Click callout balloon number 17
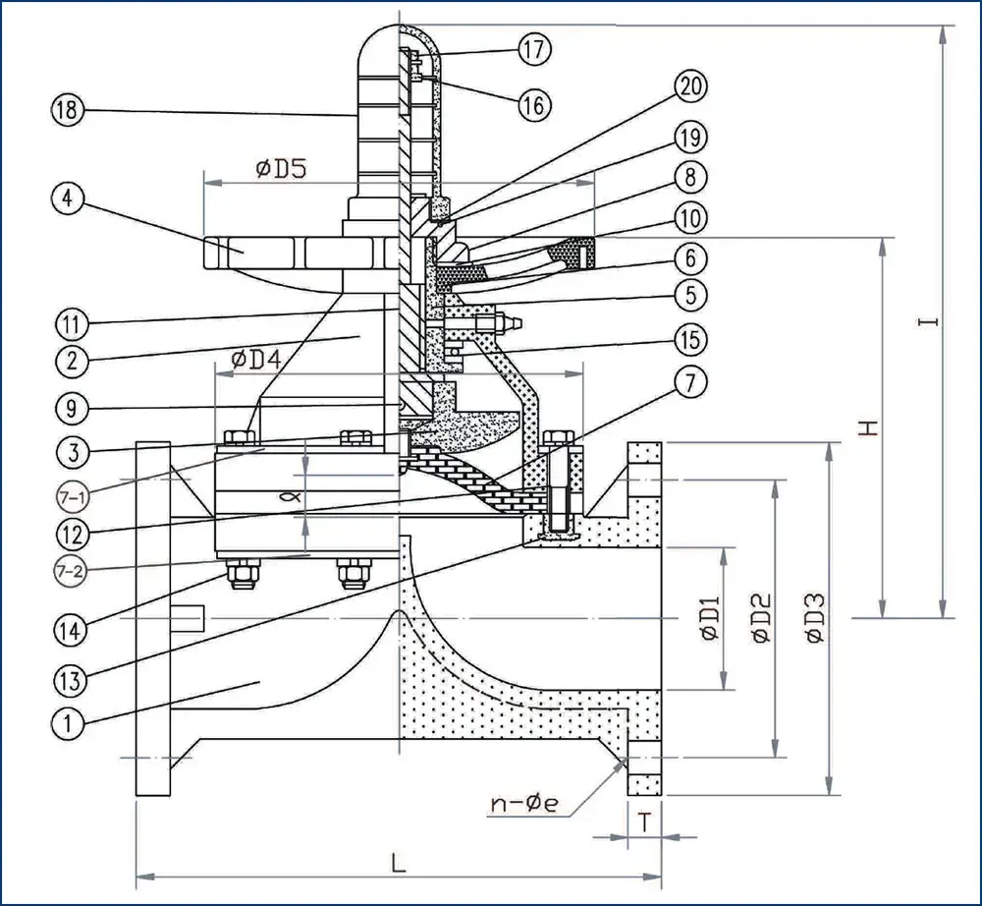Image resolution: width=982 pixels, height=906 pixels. click(x=534, y=49)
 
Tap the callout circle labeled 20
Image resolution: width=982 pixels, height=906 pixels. click(x=690, y=86)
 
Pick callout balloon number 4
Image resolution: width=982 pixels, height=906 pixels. click(x=67, y=199)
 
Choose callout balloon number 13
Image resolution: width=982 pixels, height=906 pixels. click(x=71, y=679)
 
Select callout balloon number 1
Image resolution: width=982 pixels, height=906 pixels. click(x=69, y=722)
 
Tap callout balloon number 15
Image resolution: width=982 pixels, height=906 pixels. click(x=690, y=340)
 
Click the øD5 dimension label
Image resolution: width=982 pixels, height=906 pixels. click(x=282, y=168)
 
